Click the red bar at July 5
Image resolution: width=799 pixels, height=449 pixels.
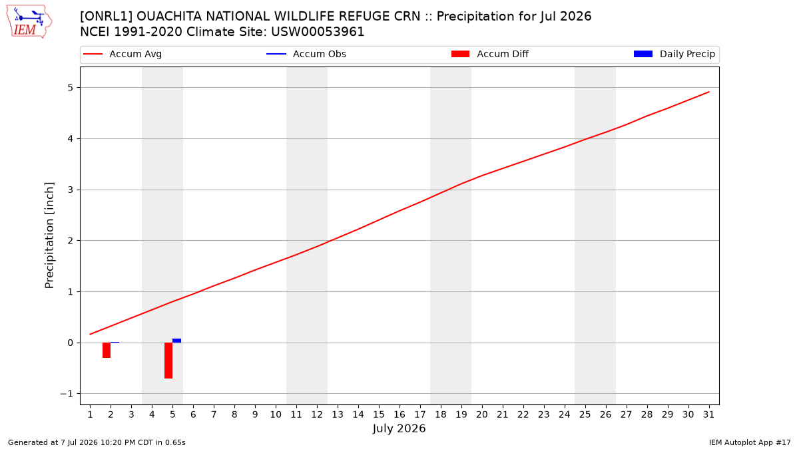pos(168,361)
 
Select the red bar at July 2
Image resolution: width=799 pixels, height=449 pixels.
pos(107,350)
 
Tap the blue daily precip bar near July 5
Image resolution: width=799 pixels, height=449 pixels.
pos(176,341)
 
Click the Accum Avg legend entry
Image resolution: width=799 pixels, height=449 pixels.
pos(123,54)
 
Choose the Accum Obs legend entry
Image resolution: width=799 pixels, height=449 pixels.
pos(306,54)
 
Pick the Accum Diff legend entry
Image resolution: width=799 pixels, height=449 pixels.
pos(490,54)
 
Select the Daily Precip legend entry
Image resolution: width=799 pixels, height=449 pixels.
pos(674,54)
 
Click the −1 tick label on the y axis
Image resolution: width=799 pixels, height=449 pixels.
pos(67,394)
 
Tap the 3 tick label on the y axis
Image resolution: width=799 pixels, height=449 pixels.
pos(70,190)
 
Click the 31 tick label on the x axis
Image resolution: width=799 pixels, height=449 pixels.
pos(708,414)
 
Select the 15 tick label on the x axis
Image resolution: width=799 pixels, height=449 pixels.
pos(379,414)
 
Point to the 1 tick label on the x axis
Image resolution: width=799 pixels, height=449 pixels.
pos(90,414)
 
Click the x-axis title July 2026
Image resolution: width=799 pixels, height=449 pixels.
pos(399,428)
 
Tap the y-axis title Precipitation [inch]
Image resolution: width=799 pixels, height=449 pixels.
pos(49,235)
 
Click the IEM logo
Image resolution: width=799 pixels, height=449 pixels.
pos(29,22)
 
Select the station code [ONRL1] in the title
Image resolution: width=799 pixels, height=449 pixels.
pos(106,17)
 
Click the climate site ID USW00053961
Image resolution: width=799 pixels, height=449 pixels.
pos(318,32)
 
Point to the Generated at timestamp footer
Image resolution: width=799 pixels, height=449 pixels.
pos(97,442)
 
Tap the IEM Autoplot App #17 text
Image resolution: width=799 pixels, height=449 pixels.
pos(750,442)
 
